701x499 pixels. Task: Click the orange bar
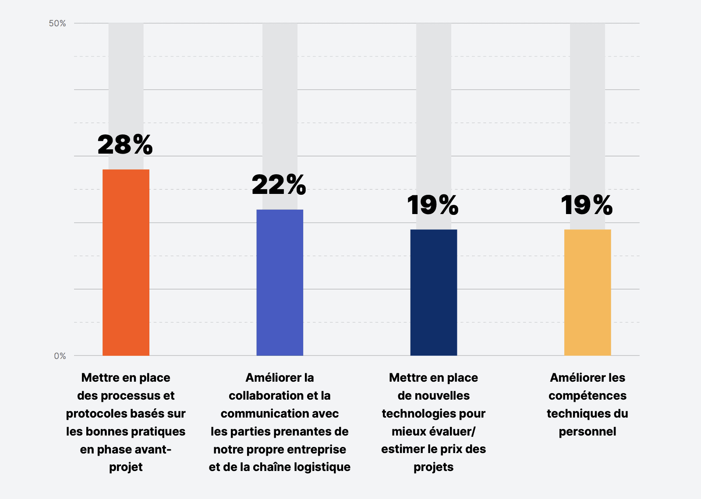[126, 263]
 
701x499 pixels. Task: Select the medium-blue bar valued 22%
[280, 282]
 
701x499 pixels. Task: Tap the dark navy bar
[433, 292]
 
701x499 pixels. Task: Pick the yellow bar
[587, 292]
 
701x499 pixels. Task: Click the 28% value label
[125, 145]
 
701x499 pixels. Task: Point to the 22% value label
[279, 185]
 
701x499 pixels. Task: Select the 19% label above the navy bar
[433, 205]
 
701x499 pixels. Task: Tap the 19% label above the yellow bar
[587, 205]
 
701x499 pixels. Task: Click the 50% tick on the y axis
[57, 23]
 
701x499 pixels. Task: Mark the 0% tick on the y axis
[60, 356]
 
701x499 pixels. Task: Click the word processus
[128, 396]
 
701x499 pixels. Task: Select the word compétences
[587, 396]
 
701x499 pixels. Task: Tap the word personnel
[587, 432]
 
